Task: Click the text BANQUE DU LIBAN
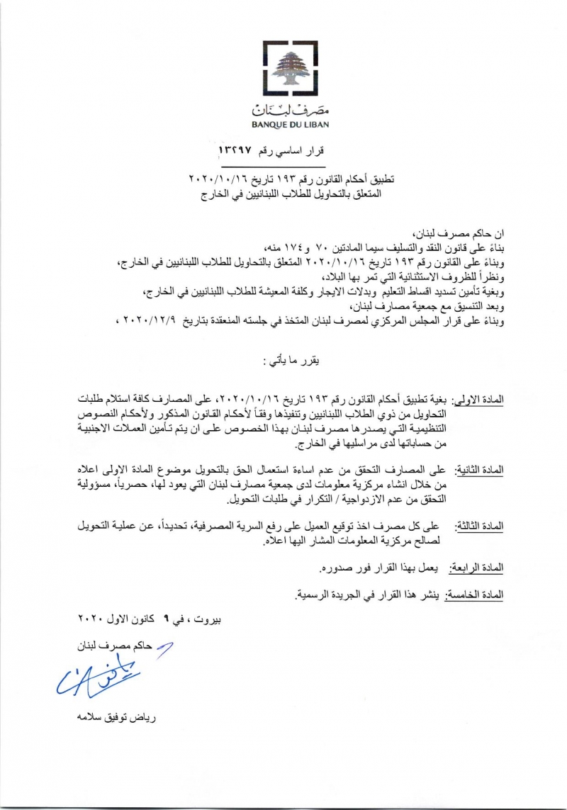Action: point(283,125)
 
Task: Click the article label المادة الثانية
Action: point(478,471)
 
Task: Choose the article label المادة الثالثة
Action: point(478,526)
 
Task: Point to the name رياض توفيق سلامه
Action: point(117,716)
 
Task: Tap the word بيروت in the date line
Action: point(206,619)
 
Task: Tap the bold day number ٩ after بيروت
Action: point(166,619)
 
